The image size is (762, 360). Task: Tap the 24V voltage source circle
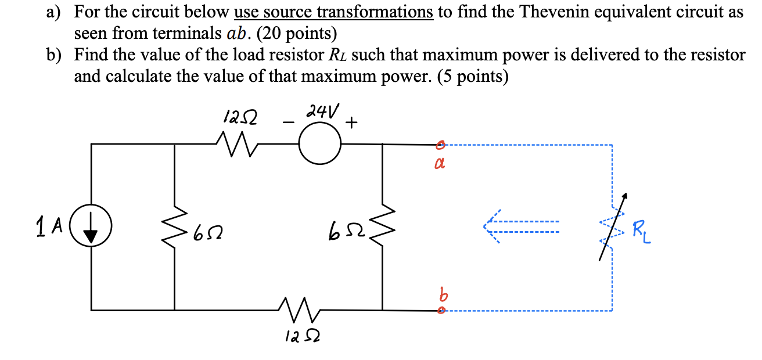tap(319, 145)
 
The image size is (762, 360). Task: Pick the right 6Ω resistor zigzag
tap(382, 227)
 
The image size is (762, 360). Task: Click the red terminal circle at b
tap(441, 311)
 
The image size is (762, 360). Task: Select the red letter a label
tap(440, 165)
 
